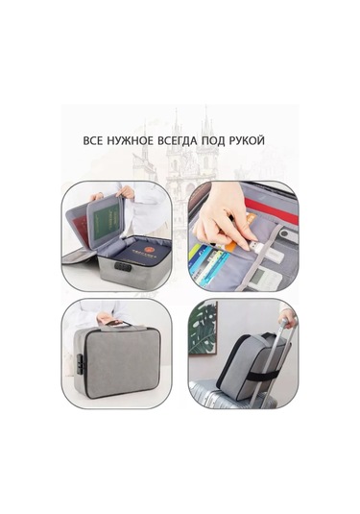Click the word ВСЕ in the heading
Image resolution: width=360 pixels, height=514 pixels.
coord(94,141)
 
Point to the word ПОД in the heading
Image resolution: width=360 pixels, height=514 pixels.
coord(231,141)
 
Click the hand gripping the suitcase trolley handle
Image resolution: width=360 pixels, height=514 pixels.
coord(285,318)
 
